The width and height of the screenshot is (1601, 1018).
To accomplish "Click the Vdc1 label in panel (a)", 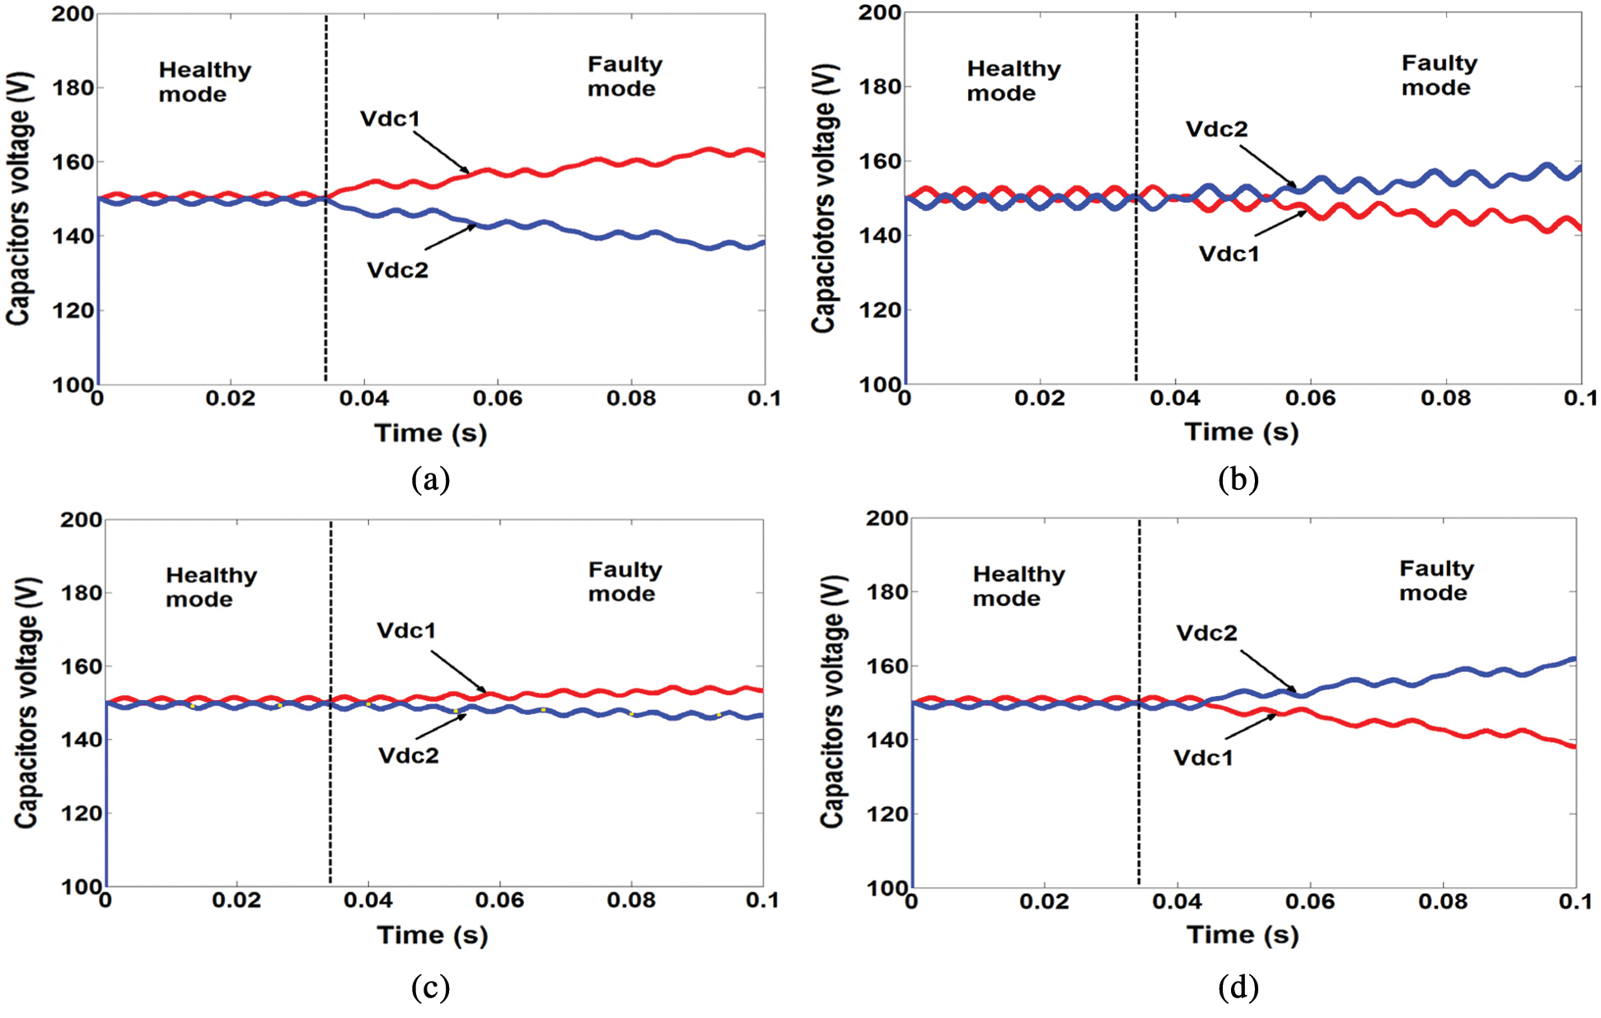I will point(390,119).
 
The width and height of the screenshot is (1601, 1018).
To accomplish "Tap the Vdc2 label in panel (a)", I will point(397,270).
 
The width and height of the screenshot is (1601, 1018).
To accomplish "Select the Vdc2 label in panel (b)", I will point(1216,129).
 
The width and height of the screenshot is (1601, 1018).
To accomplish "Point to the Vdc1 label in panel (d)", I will point(1203,758).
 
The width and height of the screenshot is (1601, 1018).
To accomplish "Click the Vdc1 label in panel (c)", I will point(406,631).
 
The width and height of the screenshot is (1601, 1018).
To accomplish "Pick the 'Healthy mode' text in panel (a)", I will point(204,82).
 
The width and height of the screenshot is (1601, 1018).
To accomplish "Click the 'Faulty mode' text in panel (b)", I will point(1439,75).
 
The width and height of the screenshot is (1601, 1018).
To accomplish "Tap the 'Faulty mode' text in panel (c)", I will point(625,581).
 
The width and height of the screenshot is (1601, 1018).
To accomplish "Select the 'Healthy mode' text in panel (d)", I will point(1018,586).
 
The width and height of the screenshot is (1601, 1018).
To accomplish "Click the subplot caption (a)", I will point(430,479).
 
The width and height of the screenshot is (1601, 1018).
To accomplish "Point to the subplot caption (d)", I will point(1238,987).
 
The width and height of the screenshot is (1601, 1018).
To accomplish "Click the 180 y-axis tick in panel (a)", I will point(73,87).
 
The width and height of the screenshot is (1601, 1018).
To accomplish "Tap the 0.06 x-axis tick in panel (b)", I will point(1310,399).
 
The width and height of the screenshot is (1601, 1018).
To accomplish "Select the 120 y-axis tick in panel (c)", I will point(81,814).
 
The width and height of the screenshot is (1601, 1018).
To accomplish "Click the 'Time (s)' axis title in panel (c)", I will point(433,936).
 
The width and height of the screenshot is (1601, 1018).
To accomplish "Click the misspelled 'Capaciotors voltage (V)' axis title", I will point(823,198).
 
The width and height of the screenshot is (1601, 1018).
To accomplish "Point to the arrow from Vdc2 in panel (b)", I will point(1268,168).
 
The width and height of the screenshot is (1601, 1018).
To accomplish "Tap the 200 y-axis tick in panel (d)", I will point(887,518).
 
